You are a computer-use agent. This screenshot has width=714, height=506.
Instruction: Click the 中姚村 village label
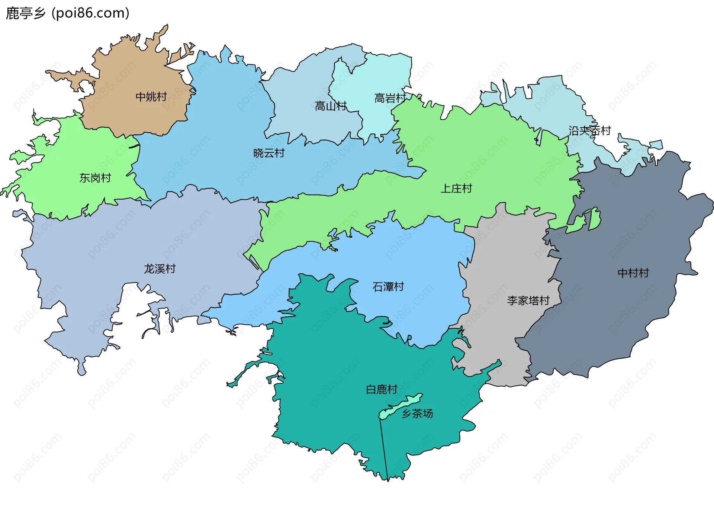point(151,97)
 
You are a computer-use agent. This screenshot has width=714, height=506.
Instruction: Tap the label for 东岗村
point(95,178)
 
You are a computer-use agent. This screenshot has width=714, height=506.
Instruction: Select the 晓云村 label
point(269,153)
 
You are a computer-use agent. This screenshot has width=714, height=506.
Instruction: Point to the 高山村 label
point(331,106)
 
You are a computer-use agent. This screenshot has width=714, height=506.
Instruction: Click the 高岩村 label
point(390,99)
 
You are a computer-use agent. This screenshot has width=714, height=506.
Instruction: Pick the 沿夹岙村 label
point(589,131)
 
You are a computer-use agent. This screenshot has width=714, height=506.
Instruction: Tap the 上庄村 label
point(456,189)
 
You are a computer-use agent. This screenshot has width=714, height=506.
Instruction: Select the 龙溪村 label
point(160,269)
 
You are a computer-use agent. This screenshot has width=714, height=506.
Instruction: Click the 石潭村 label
point(388,287)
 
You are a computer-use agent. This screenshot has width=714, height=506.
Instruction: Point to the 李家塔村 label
point(528,301)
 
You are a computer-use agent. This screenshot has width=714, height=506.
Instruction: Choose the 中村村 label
point(633,273)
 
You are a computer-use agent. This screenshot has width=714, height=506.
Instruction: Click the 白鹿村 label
point(382,390)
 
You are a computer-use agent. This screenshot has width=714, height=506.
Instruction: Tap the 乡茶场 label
point(418,414)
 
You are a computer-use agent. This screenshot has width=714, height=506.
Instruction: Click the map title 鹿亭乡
point(25,13)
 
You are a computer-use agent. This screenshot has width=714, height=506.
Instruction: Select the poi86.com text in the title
point(90,13)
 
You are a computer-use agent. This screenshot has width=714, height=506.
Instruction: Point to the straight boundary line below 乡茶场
point(384,450)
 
